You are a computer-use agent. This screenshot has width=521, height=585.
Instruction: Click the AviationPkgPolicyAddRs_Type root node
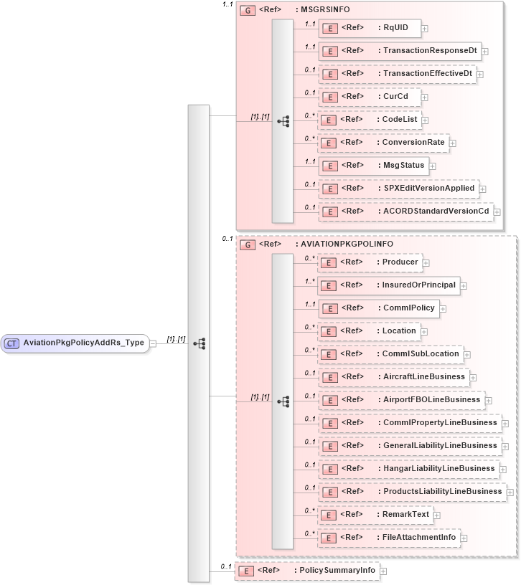75,343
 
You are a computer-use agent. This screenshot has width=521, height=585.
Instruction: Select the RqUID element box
369,28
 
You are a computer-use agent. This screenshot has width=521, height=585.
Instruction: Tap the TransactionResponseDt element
399,52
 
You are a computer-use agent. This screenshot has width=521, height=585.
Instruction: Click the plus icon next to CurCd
425,97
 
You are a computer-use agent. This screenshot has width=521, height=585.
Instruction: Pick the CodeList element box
369,120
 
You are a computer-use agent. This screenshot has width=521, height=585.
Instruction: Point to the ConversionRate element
383,143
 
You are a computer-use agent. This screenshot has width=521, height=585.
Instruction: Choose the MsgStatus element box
373,166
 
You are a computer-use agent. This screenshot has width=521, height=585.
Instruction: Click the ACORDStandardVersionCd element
405,211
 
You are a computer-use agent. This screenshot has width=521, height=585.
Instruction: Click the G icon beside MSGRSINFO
247,11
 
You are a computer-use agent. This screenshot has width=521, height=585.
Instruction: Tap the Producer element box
369,262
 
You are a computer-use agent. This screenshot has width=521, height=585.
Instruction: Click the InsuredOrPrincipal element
388,285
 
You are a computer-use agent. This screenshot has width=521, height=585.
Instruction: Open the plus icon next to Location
425,331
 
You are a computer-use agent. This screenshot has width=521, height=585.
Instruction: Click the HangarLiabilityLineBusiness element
408,468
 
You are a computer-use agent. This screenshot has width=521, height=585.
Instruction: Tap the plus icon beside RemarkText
436,515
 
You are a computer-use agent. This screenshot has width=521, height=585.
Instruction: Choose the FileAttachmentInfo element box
388,537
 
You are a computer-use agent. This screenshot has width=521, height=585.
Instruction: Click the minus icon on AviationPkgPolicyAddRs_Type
153,343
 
